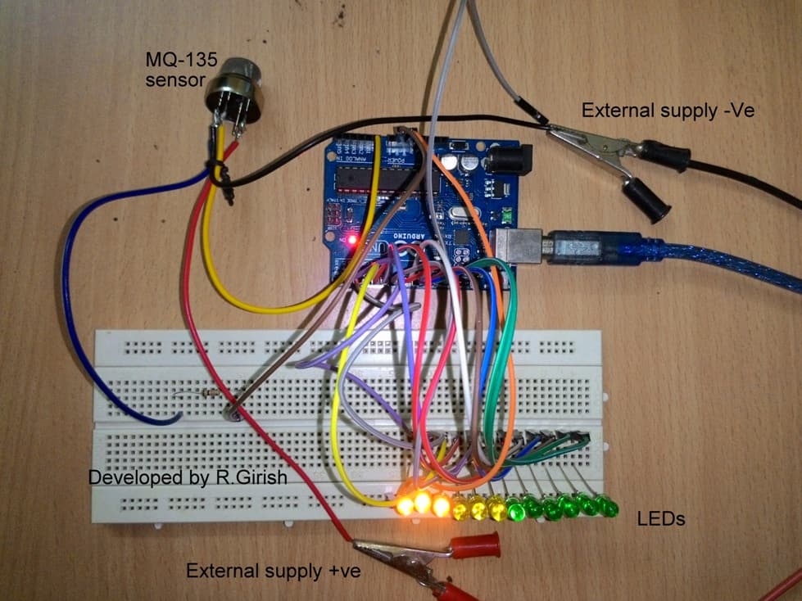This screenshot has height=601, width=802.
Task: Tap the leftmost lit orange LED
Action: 405,505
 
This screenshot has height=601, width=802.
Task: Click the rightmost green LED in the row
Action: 608,508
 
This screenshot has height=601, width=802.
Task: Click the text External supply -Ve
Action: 668,110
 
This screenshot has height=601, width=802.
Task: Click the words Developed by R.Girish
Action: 188,477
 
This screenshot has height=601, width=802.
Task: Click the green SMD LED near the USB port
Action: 507,215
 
